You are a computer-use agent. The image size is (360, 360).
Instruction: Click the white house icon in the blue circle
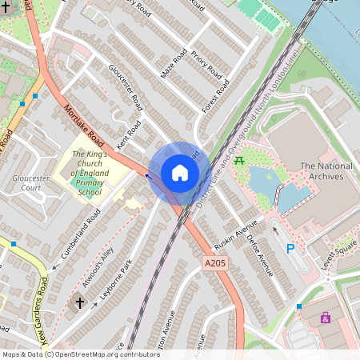click(x=180, y=173)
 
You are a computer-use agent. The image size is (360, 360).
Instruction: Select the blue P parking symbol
click(x=290, y=249)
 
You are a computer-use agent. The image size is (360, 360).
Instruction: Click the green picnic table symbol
click(x=238, y=161)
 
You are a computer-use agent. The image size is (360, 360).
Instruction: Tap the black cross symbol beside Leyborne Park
click(x=79, y=302)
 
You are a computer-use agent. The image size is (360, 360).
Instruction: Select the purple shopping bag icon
click(x=326, y=318)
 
